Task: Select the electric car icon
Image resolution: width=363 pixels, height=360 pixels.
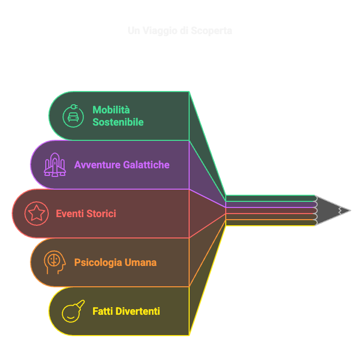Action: tap(73, 115)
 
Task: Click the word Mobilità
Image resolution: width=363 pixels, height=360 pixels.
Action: tap(111, 110)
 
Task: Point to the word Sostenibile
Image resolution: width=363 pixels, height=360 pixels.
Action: tap(118, 122)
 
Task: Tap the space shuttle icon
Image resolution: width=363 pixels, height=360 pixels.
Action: tap(55, 165)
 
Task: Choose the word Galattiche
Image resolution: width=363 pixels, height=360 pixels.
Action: tap(146, 165)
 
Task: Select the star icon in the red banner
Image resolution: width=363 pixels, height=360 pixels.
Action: tap(37, 213)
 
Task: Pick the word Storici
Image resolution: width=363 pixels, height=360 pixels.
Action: tap(102, 214)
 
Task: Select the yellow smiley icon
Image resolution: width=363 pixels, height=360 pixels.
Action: tap(72, 311)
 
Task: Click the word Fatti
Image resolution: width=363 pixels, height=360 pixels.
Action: tap(103, 311)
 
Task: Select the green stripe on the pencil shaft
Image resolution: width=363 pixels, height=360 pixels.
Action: tap(269, 198)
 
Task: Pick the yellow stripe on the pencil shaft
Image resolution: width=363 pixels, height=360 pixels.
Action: tap(269, 223)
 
